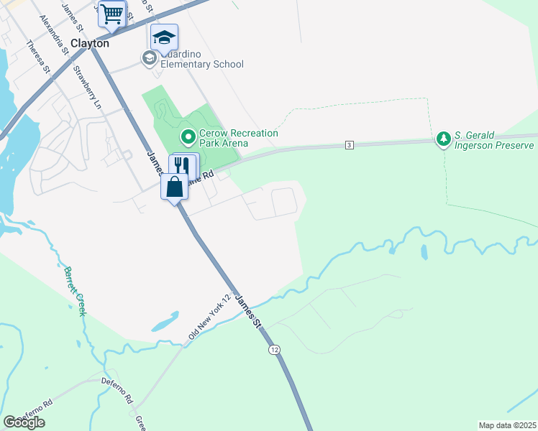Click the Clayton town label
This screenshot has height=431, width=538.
point(90,43)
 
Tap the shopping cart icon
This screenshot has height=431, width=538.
point(111,14)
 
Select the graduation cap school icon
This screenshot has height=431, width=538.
point(164,37)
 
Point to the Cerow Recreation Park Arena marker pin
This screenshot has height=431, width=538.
point(188,136)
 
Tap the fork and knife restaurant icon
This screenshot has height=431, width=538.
point(183,164)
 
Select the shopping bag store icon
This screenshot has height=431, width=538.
point(175,187)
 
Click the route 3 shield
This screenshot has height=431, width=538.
point(349,145)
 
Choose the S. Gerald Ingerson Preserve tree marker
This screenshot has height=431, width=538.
point(444,137)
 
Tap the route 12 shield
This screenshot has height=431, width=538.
point(274,349)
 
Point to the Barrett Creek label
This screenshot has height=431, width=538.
point(75,291)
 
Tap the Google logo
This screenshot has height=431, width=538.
point(24,422)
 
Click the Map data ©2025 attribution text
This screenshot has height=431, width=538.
point(507,425)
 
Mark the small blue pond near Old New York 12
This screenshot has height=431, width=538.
point(165,321)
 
